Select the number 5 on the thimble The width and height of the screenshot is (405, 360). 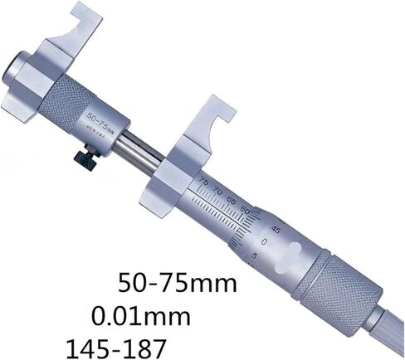point(253,256)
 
